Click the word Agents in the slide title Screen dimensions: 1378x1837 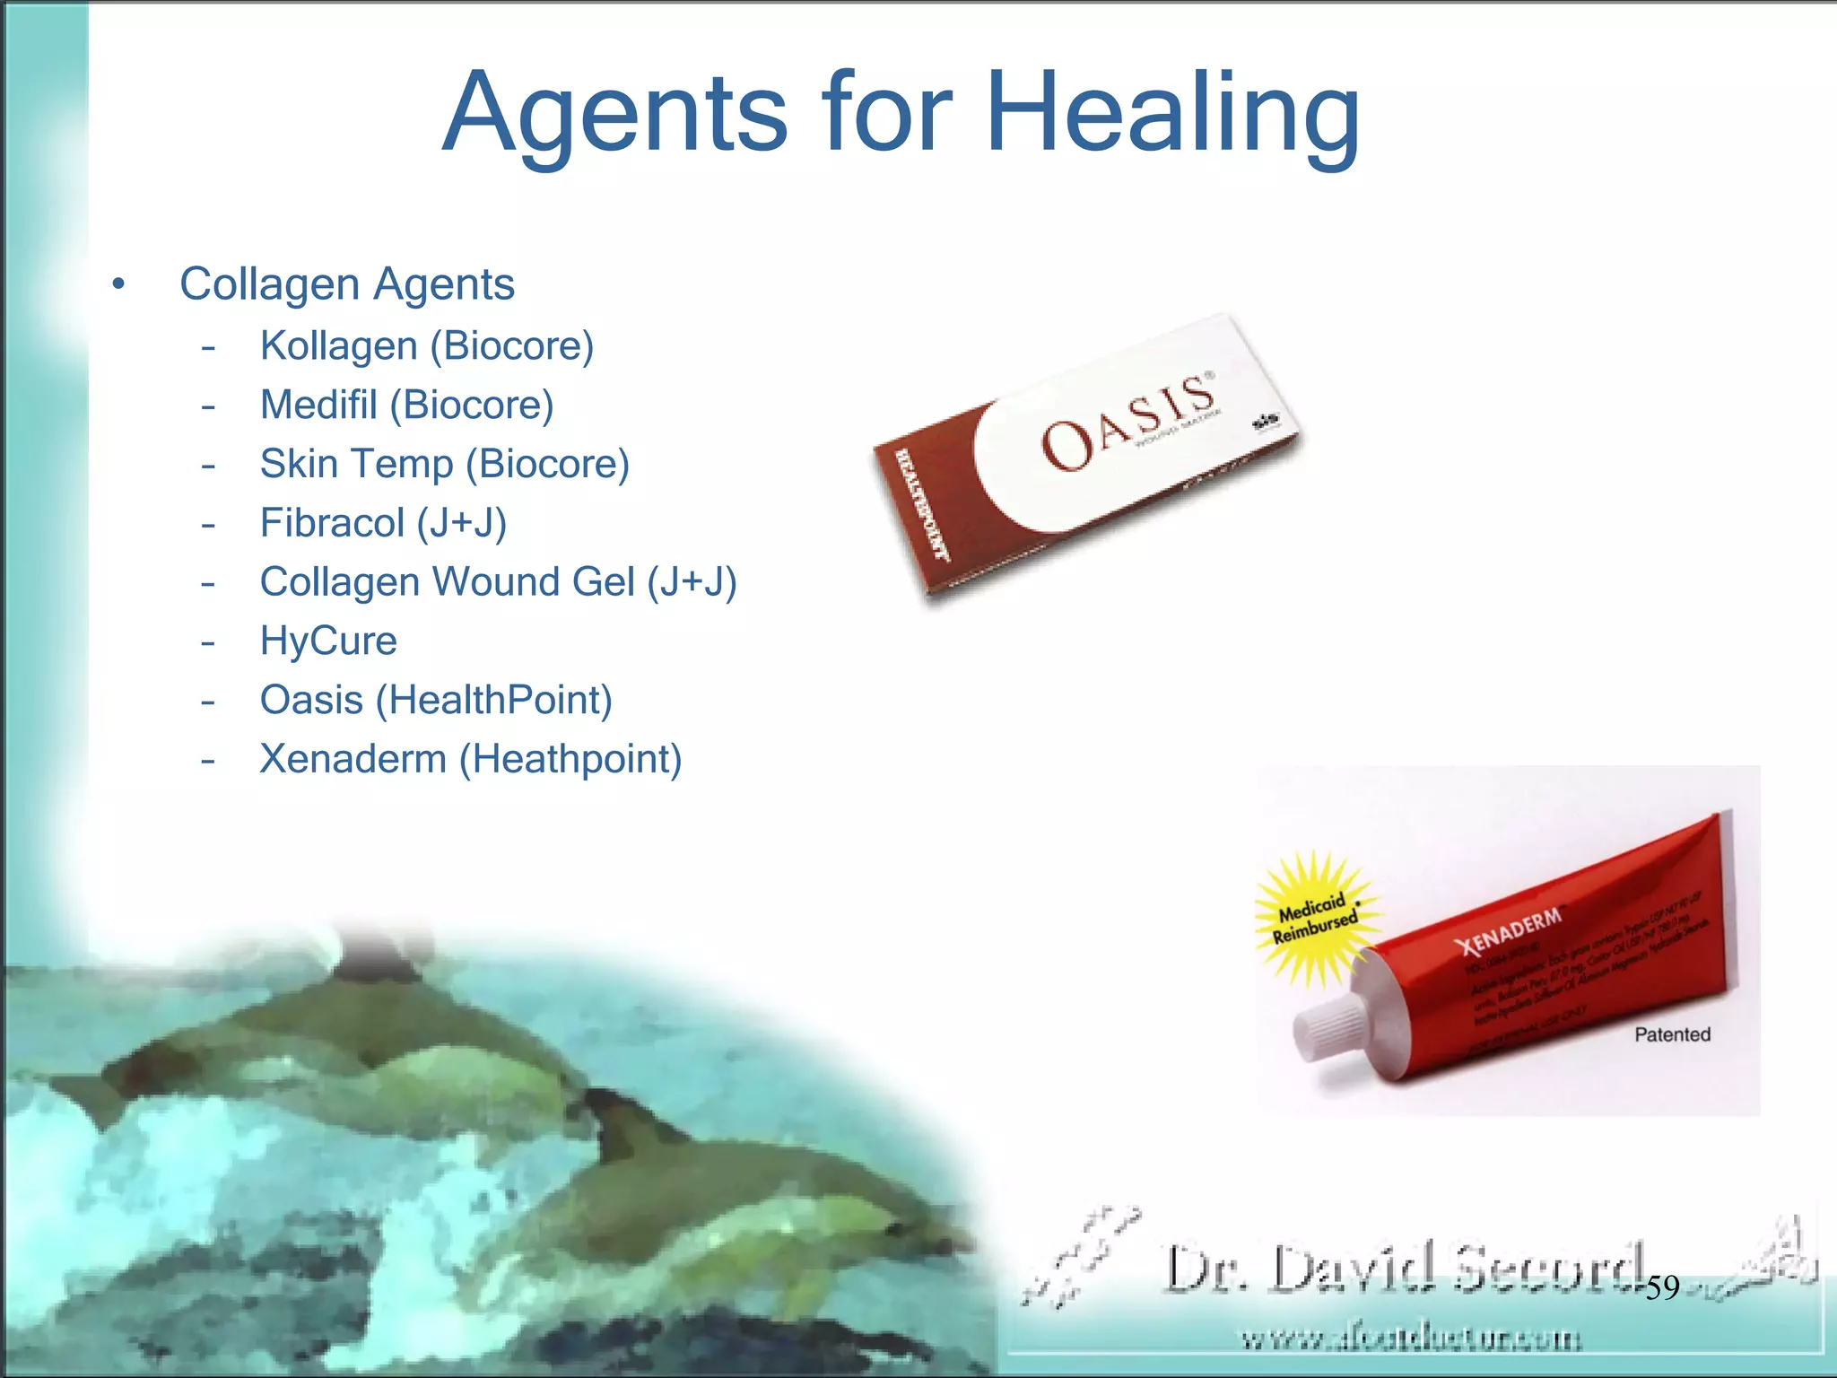615,115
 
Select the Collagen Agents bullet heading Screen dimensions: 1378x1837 346,284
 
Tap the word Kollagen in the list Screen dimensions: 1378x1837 338,346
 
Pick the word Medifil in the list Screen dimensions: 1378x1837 318,406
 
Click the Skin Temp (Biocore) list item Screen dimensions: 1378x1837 444,465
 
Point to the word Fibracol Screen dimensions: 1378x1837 332,524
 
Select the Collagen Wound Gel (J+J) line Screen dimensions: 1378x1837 498,582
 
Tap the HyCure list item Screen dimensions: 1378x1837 328,641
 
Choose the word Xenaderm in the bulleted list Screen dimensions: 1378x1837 353,760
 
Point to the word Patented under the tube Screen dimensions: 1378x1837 1672,1034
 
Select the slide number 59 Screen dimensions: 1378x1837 1662,1288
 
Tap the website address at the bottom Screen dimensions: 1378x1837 1410,1339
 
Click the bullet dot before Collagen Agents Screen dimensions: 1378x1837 118,285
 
